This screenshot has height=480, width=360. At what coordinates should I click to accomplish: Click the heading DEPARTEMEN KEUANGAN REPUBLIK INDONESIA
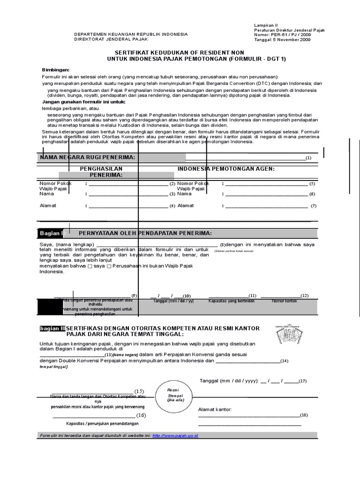pyautogui.click(x=131, y=34)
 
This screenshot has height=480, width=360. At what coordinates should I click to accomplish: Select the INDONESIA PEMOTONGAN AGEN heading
pyautogui.click(x=226, y=168)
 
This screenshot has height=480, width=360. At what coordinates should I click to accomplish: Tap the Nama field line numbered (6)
pyautogui.click(x=265, y=194)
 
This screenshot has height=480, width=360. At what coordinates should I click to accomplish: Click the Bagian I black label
pyautogui.click(x=51, y=233)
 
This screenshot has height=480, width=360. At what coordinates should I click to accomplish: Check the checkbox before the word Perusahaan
pyautogui.click(x=109, y=266)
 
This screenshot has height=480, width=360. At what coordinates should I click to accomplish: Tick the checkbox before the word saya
pyautogui.click(x=90, y=266)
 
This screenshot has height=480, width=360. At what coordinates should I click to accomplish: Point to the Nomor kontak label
pyautogui.click(x=284, y=301)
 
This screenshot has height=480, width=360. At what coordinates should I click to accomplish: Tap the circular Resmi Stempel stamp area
pyautogui.click(x=177, y=395)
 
